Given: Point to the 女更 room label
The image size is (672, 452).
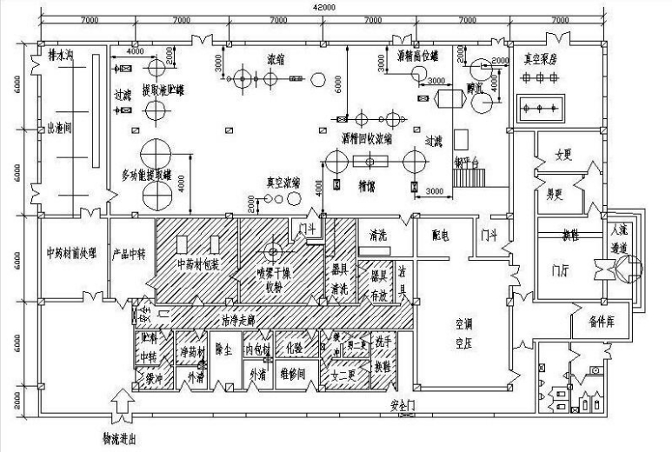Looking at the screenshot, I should (x=566, y=156).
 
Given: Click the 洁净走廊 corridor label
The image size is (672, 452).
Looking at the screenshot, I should (x=239, y=319).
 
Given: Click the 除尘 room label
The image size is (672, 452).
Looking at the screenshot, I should (x=223, y=349).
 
